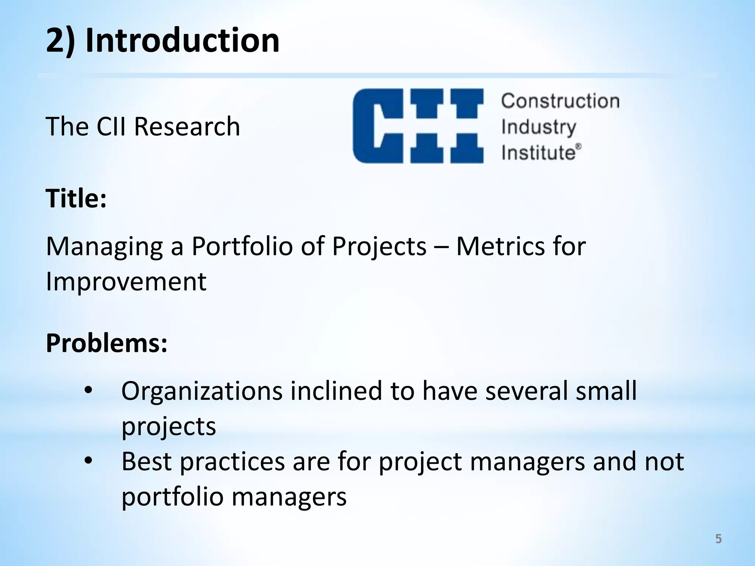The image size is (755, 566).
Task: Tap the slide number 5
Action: tap(718, 539)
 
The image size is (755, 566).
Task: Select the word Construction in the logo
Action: tap(560, 101)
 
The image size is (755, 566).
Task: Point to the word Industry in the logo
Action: tap(538, 127)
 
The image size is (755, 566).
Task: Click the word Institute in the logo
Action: tap(538, 152)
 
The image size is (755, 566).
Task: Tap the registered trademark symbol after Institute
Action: tap(579, 146)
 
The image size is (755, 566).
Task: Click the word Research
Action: tap(187, 126)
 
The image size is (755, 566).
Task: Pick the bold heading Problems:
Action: tap(107, 343)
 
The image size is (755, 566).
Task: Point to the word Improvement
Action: tap(126, 282)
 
